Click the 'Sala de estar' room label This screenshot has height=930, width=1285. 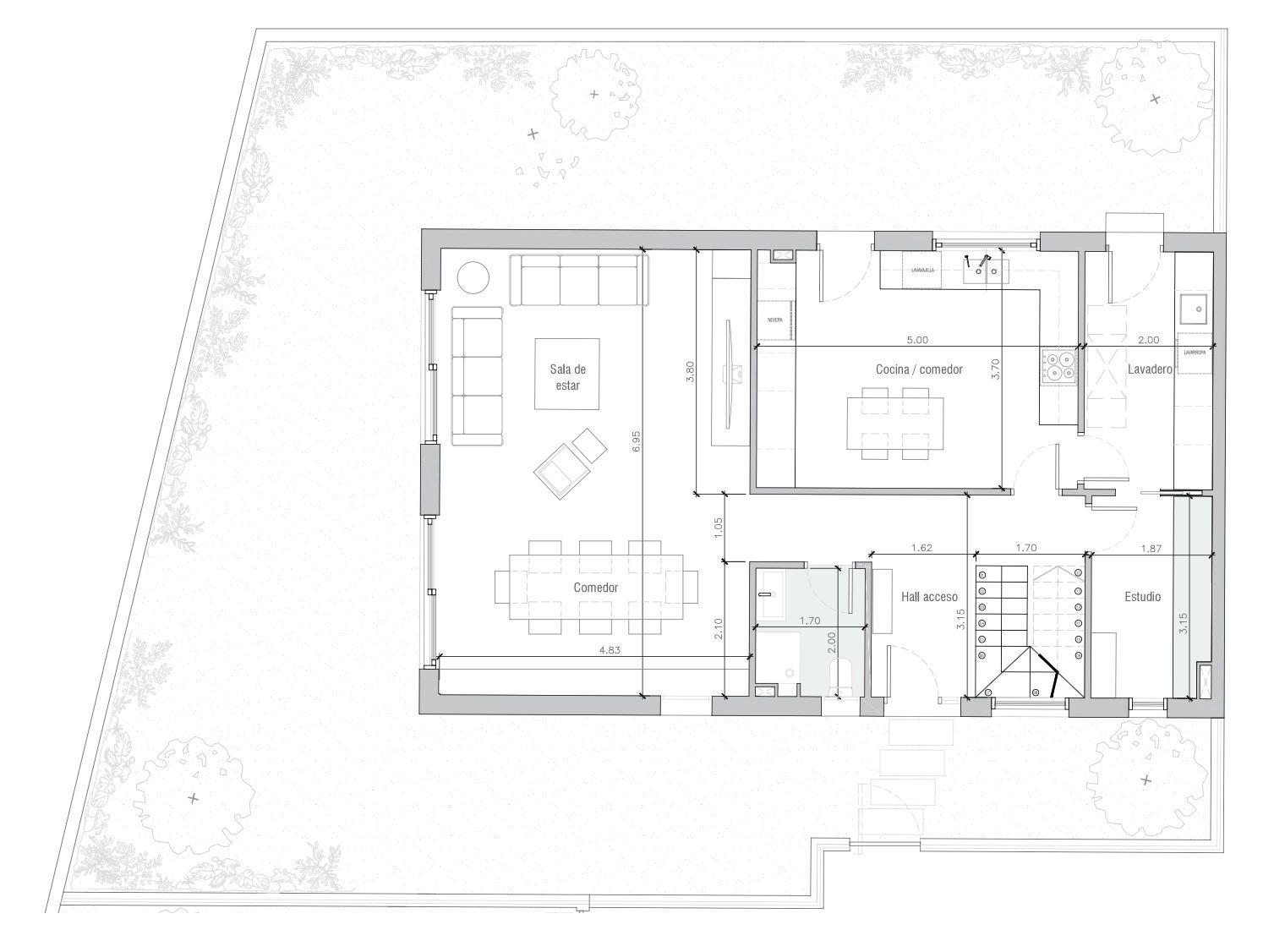[x=567, y=376]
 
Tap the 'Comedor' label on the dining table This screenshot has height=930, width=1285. [x=596, y=588]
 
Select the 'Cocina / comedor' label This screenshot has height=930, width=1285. [x=919, y=369]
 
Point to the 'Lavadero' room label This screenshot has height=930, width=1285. [x=1149, y=369]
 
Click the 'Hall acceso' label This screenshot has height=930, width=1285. [x=929, y=597]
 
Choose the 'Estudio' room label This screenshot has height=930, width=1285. [x=1142, y=597]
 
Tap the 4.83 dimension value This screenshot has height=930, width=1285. [x=609, y=650]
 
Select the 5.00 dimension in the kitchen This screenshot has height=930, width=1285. [x=917, y=340]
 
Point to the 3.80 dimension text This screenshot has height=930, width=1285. [x=690, y=372]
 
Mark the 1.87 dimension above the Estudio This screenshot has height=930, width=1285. [x=1151, y=548]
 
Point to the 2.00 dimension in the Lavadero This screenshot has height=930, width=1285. [x=1148, y=340]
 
